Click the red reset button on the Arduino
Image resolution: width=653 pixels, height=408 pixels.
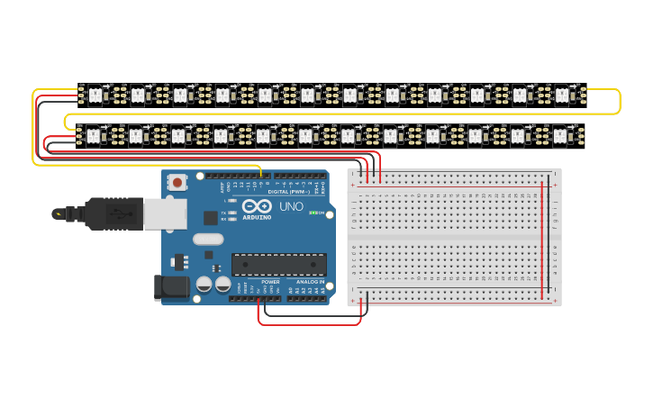(x=177, y=182)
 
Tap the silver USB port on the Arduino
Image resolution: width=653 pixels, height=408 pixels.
(x=165, y=213)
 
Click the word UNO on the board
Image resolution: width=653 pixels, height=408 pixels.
(x=291, y=207)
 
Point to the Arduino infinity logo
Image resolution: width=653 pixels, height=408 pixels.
(x=257, y=206)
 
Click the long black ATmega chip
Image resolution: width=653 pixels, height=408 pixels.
(x=278, y=264)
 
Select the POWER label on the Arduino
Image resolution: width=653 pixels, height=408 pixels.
(x=270, y=282)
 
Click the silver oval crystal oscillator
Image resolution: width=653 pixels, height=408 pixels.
(x=206, y=239)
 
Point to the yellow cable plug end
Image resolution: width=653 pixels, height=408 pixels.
(x=59, y=213)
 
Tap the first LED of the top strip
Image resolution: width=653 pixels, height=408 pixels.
(x=94, y=94)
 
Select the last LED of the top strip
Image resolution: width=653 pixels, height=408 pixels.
(x=562, y=94)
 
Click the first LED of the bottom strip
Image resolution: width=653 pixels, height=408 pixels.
(x=93, y=136)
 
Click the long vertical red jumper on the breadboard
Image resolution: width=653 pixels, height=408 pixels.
(x=542, y=239)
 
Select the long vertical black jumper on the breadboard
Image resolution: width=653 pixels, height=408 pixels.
(x=549, y=239)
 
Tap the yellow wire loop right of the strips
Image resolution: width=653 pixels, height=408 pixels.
(x=619, y=101)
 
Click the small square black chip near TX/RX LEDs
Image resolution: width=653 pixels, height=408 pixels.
(x=210, y=217)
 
